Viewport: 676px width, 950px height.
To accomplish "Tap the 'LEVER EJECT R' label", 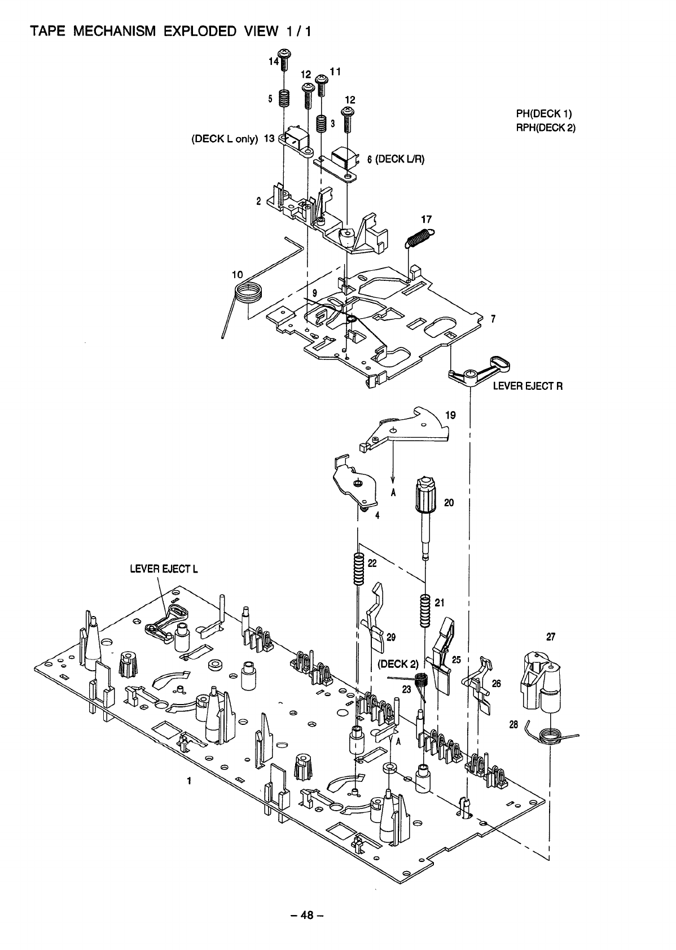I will (x=528, y=386).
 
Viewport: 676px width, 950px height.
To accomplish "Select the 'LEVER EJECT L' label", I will (x=164, y=568).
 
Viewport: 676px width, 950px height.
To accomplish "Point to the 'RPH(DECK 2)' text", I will (x=546, y=127).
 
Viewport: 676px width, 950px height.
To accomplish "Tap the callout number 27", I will (x=551, y=637).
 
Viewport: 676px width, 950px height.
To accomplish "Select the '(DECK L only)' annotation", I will (x=225, y=139).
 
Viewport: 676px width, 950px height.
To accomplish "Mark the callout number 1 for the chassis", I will (x=189, y=781).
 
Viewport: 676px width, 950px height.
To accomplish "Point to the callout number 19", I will (x=450, y=415).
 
